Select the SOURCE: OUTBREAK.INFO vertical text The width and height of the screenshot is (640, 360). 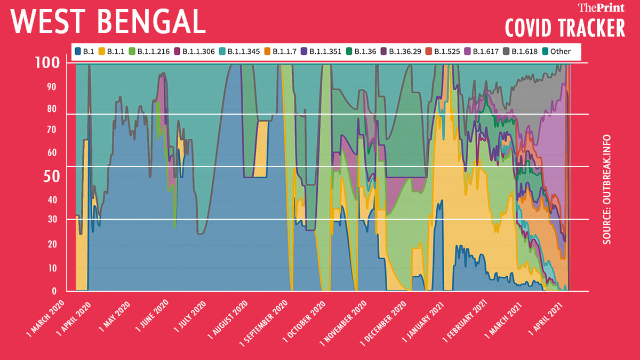607,189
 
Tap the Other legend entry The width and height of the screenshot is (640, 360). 556,52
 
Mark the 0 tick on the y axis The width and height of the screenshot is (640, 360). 54,291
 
